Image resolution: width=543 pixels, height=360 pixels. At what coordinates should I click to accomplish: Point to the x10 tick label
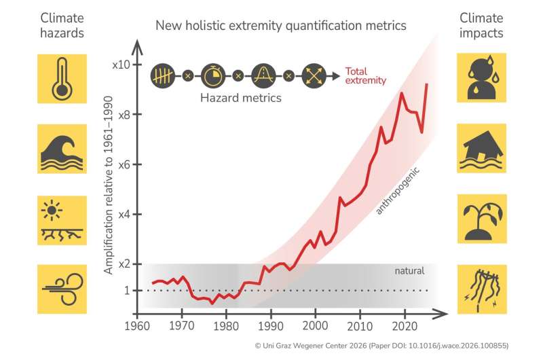(120, 65)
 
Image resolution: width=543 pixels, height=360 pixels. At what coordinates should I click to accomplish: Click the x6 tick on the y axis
(122, 164)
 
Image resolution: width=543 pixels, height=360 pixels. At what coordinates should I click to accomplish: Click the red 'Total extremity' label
(365, 75)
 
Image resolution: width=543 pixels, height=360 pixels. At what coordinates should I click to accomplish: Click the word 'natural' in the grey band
(409, 270)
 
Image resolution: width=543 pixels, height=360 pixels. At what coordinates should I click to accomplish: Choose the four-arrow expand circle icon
(313, 74)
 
